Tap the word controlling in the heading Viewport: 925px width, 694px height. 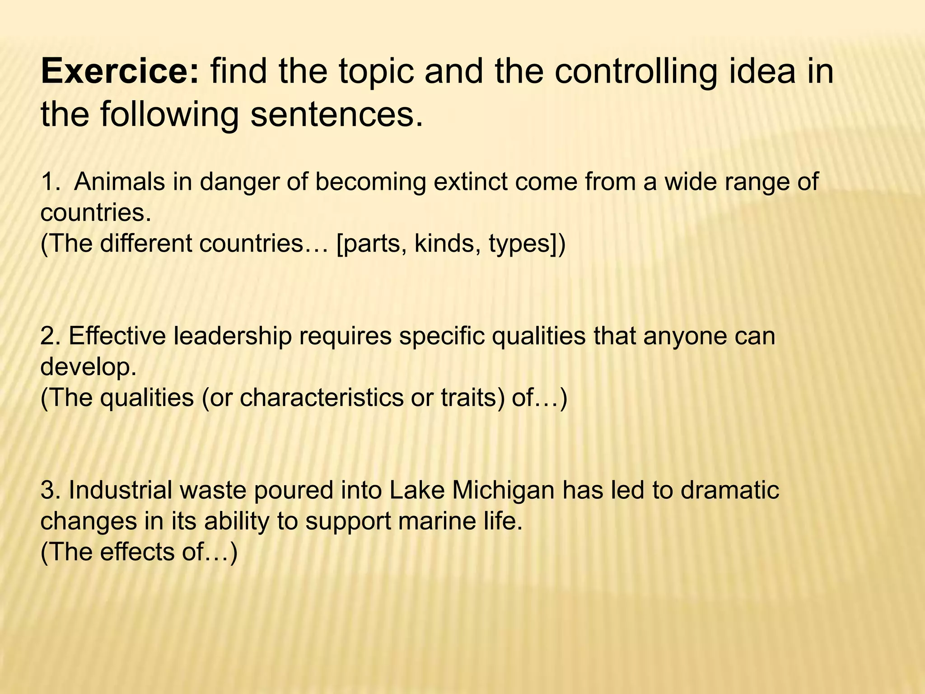coord(635,72)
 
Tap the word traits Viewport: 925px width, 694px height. coord(472,398)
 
